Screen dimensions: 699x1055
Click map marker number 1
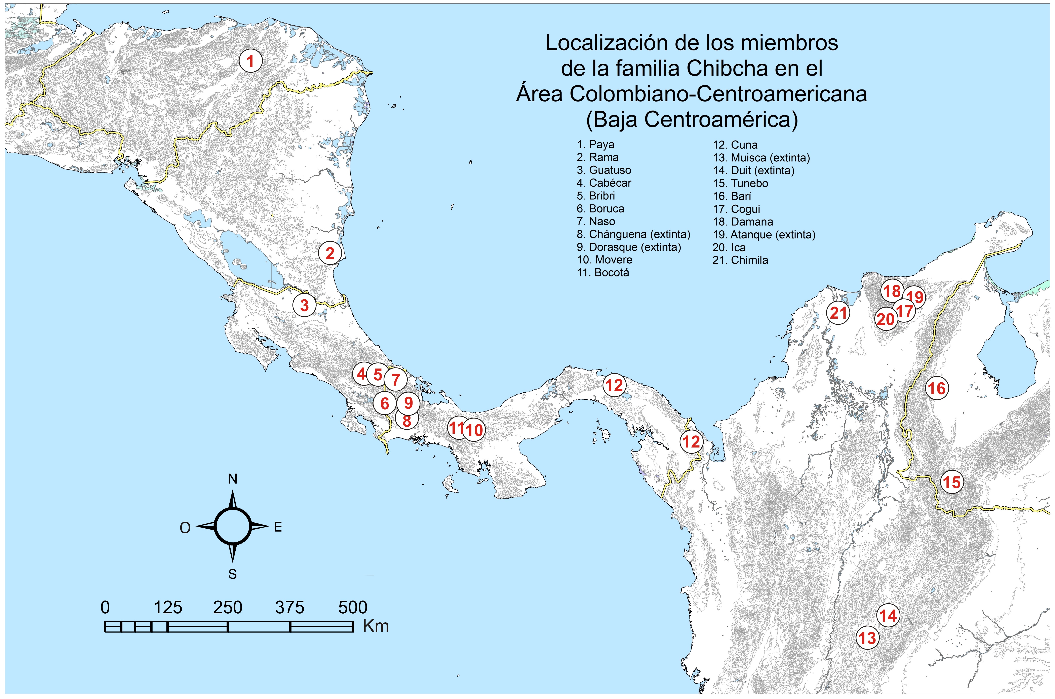[x=250, y=61]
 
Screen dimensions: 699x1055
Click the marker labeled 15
[x=952, y=482]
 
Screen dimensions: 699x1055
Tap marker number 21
[x=838, y=313]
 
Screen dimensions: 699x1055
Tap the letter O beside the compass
[x=185, y=528]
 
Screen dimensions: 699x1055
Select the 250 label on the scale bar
[x=228, y=607]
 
